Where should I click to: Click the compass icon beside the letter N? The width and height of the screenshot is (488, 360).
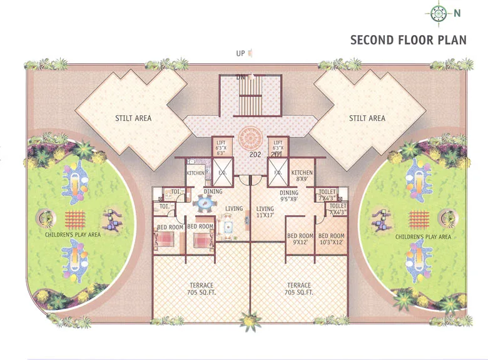(438, 13)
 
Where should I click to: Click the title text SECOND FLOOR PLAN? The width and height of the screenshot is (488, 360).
(408, 40)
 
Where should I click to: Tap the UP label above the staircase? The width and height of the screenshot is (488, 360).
(240, 54)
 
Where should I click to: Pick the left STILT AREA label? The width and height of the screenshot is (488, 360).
(133, 118)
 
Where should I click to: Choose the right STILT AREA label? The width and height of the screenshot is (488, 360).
(367, 118)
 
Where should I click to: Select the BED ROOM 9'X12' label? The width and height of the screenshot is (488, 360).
(300, 240)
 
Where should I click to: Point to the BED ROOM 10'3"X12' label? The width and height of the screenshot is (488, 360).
(332, 240)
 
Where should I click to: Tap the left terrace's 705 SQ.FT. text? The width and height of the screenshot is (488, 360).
(202, 292)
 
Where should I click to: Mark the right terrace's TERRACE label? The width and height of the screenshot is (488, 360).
(300, 285)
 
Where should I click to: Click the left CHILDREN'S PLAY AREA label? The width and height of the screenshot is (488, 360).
(73, 235)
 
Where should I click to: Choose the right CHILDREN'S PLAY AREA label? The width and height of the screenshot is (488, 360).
(423, 237)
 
